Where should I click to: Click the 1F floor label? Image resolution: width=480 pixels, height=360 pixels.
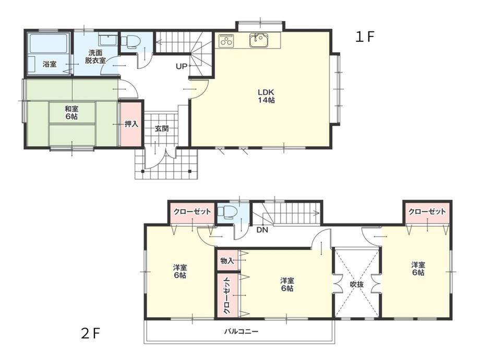[365, 37]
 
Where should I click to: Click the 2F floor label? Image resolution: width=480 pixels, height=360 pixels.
[91, 333]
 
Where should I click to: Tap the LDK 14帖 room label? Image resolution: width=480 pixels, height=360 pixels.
[266, 96]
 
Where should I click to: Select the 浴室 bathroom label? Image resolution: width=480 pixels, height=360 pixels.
[50, 64]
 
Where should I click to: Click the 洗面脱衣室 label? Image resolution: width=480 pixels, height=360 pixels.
[95, 56]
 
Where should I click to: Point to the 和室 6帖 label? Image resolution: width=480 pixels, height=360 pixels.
[71, 112]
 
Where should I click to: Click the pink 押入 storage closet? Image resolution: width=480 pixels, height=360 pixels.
[131, 124]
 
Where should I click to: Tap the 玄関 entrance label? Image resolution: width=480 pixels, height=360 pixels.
[161, 128]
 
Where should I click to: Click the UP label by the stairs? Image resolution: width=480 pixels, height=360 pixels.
[181, 66]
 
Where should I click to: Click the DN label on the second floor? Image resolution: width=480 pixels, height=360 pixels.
[262, 230]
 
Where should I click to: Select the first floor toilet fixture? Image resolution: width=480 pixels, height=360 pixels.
[130, 41]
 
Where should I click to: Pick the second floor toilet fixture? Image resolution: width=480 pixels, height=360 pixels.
[226, 212]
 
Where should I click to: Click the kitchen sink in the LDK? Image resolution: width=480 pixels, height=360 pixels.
[259, 40]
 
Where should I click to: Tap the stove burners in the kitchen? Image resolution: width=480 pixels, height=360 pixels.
[227, 40]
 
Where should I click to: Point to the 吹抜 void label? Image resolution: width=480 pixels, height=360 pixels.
[357, 284]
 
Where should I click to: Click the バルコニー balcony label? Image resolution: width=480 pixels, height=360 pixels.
[241, 331]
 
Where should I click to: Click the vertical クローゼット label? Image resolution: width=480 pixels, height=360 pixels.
[227, 295]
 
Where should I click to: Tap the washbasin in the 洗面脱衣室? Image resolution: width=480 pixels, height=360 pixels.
[106, 40]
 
